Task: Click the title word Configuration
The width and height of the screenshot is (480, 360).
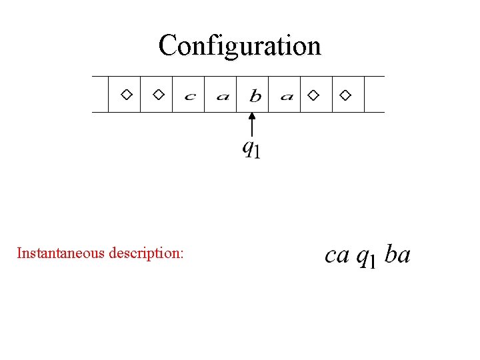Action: (240, 45)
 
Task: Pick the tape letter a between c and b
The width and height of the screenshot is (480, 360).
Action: (223, 97)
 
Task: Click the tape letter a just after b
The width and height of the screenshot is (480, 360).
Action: (287, 97)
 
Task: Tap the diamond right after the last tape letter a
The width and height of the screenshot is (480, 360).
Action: (313, 95)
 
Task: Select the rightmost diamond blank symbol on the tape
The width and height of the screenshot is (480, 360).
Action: (345, 95)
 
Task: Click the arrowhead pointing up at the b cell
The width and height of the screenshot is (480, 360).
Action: (251, 117)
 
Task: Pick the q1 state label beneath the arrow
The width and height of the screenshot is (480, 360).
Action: (251, 148)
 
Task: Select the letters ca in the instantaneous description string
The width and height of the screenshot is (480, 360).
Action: (337, 255)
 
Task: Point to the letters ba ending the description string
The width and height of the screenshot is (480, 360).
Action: (398, 255)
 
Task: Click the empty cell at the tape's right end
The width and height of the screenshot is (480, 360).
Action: (375, 94)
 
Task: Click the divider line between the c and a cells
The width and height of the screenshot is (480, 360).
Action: (205, 94)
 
